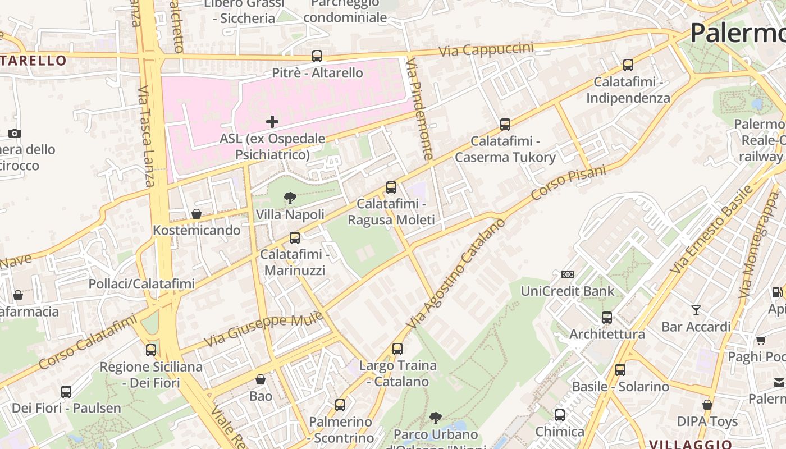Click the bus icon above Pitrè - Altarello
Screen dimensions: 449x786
[317, 56]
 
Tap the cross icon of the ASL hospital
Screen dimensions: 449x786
[272, 121]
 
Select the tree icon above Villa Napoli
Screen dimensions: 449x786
[290, 198]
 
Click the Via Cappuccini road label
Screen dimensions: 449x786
[486, 49]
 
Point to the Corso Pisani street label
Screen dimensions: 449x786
[569, 182]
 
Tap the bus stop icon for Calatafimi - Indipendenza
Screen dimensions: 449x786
[628, 65]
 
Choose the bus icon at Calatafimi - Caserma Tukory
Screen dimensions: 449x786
[505, 125]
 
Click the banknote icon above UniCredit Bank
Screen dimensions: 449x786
[568, 274]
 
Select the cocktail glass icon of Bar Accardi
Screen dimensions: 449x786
[696, 310]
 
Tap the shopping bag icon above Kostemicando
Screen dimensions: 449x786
[196, 214]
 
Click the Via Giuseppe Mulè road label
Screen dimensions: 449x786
[263, 328]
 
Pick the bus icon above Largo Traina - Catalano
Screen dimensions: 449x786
[397, 349]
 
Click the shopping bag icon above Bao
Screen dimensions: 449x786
[261, 380]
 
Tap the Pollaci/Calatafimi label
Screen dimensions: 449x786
[141, 284]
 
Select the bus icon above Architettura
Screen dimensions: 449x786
[607, 318]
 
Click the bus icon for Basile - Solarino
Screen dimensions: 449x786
[620, 370]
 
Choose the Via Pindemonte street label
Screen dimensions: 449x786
[420, 109]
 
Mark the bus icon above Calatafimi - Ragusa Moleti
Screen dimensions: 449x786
[391, 187]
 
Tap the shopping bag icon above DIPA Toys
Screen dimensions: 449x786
[707, 405]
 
